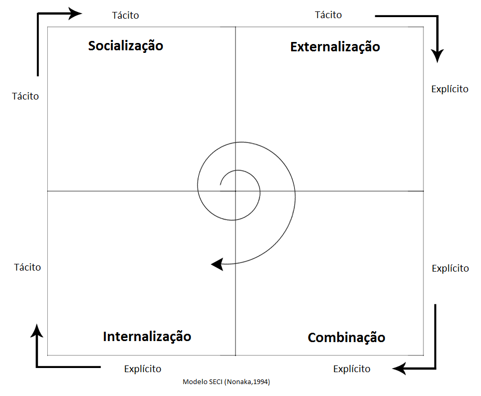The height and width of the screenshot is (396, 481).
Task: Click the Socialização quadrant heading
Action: (126, 46)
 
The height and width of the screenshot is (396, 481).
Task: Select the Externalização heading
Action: (335, 47)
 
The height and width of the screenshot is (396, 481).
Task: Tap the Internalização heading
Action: (147, 336)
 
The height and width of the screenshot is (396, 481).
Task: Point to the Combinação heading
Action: (346, 338)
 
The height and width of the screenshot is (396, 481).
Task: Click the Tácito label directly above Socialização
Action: (126, 15)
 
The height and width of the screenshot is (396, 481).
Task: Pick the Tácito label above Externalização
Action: (328, 15)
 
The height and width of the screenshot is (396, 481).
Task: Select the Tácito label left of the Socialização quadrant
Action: (25, 96)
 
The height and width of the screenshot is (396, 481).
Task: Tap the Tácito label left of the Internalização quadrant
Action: (28, 267)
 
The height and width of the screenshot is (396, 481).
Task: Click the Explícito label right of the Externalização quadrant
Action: (450, 89)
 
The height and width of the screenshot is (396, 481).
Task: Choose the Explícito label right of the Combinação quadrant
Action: (450, 268)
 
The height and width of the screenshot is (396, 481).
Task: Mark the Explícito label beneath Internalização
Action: (143, 369)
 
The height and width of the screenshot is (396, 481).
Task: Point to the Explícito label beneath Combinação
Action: (352, 369)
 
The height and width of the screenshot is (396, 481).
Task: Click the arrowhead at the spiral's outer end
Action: (217, 264)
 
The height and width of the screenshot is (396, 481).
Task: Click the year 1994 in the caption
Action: (261, 382)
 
